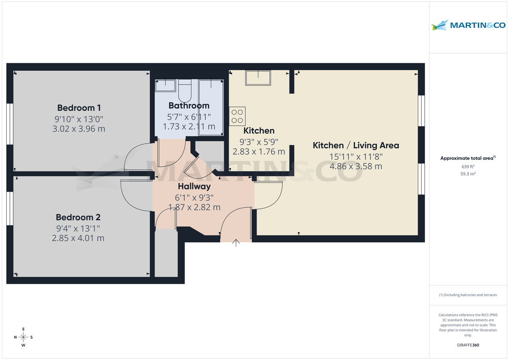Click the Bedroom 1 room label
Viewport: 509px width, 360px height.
[x=79, y=107]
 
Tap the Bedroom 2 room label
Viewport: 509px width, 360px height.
[x=78, y=218]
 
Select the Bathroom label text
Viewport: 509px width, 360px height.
[x=189, y=106]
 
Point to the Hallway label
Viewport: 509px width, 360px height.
[x=194, y=186]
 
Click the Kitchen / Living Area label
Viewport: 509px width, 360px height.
[x=356, y=145]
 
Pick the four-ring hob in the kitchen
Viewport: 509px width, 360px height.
[x=237, y=116]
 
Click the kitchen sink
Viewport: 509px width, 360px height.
[x=257, y=78]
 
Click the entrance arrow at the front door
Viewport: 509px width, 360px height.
[x=236, y=243]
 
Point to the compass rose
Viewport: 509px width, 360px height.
[x=23, y=337]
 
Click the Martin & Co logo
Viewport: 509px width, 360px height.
[x=468, y=25]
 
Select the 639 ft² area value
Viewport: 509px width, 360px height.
[x=468, y=167]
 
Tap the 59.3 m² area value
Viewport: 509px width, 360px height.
[x=468, y=173]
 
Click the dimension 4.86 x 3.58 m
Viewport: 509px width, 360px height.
[x=356, y=166]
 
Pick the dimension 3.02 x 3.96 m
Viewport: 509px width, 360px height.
[x=78, y=128]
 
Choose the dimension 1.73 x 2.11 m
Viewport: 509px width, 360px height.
[x=189, y=126]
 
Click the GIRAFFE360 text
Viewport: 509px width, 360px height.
[x=468, y=345]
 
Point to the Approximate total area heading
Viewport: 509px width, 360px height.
[x=468, y=158]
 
